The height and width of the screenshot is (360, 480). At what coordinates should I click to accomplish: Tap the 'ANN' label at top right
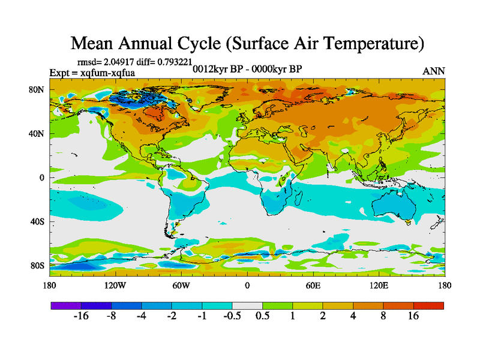pyautogui.click(x=434, y=71)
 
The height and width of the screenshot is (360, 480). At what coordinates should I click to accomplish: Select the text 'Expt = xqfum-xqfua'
pyautogui.click(x=92, y=73)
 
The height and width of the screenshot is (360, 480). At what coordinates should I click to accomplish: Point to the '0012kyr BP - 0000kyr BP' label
pyautogui.click(x=247, y=69)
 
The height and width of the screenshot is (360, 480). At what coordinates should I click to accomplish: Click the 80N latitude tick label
pyautogui.click(x=37, y=90)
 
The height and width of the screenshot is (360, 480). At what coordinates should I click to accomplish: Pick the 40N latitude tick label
pyautogui.click(x=37, y=134)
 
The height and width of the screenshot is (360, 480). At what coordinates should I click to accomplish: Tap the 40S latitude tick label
pyautogui.click(x=37, y=221)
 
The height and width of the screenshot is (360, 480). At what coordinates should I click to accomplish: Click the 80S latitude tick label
pyautogui.click(x=37, y=265)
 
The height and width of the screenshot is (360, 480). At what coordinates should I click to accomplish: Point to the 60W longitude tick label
pyautogui.click(x=181, y=285)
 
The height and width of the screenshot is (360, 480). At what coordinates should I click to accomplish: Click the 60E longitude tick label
pyautogui.click(x=313, y=285)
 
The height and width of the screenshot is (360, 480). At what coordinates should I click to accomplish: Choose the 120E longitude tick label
pyautogui.click(x=378, y=285)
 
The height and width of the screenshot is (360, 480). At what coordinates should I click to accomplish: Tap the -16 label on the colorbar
pyautogui.click(x=81, y=316)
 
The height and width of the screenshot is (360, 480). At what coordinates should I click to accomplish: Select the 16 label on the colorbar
pyautogui.click(x=413, y=316)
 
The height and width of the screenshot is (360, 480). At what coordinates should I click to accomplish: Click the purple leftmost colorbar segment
pyautogui.click(x=66, y=305)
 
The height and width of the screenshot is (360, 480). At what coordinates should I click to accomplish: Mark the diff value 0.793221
pyautogui.click(x=174, y=62)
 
